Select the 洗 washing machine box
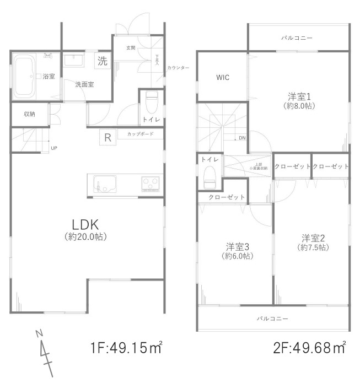click(x=103, y=61)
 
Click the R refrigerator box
click(x=108, y=138)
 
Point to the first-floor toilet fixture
click(x=152, y=102)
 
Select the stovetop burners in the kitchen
click(x=150, y=183)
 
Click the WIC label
click(x=223, y=78)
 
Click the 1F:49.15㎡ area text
click(x=126, y=348)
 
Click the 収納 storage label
click(x=29, y=115)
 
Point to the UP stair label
click(x=53, y=148)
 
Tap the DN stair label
click(x=242, y=138)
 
